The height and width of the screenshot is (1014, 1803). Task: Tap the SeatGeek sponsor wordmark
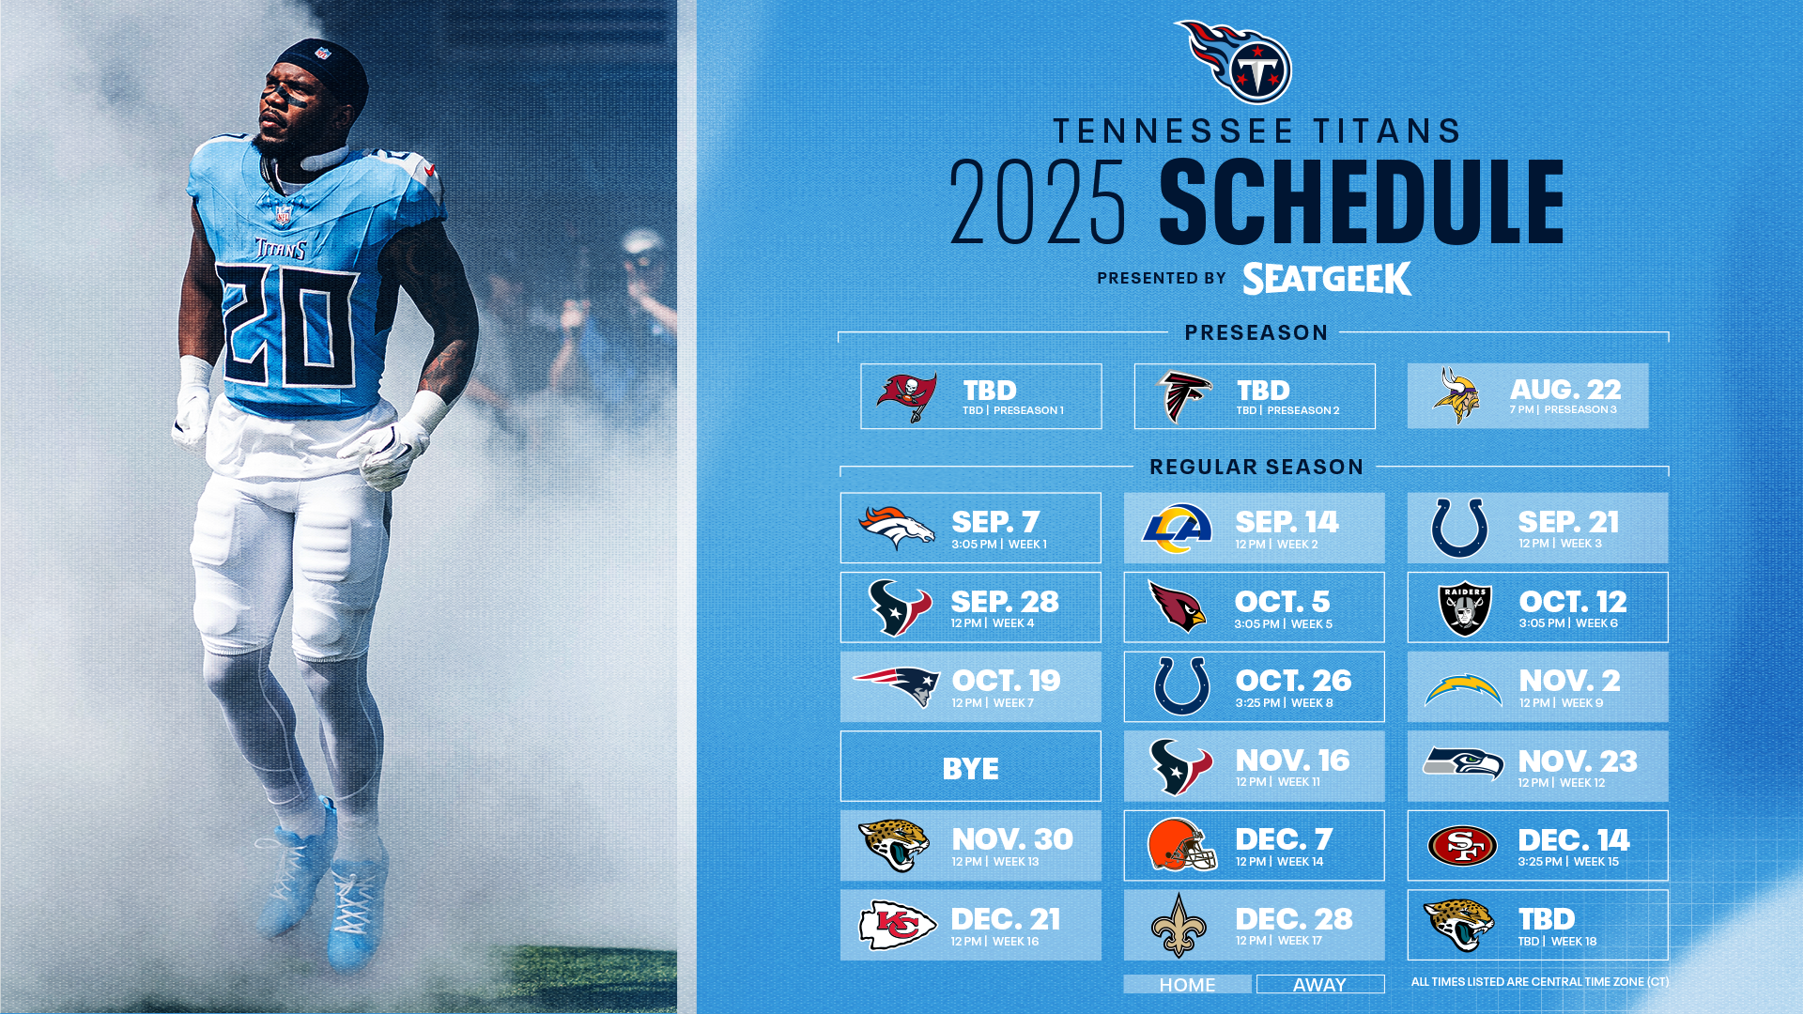click(x=1326, y=279)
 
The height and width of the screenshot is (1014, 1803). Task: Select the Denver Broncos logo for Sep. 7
click(x=897, y=528)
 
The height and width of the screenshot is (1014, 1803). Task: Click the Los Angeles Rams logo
click(x=1178, y=528)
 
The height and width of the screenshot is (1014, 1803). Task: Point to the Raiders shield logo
click(x=1465, y=609)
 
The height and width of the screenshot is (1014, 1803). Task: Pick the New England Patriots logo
click(x=897, y=686)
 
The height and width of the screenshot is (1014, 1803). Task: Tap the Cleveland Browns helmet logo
click(x=1180, y=844)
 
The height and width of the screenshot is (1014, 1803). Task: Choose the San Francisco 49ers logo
click(x=1462, y=846)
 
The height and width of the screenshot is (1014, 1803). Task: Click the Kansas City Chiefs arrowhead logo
click(x=898, y=925)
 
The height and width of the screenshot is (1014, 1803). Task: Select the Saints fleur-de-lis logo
click(x=1179, y=925)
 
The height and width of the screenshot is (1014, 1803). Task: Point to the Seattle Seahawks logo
click(x=1462, y=764)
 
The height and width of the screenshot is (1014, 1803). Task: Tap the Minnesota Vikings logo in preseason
click(x=1456, y=395)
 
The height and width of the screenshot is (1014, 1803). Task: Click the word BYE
click(x=970, y=769)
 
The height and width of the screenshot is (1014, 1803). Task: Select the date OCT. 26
click(x=1293, y=681)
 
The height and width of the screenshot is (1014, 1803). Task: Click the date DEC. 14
click(x=1573, y=840)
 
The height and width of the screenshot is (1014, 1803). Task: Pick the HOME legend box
click(x=1187, y=984)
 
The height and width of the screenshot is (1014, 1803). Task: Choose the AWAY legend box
click(x=1319, y=984)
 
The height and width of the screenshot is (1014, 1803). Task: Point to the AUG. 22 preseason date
click(x=1564, y=390)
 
